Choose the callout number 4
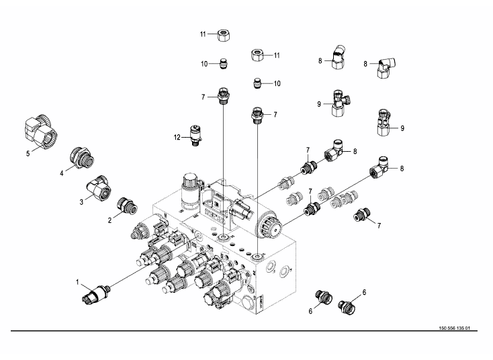point(61,172)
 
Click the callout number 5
point(28,152)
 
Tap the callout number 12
point(178,138)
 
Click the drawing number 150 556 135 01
point(454,328)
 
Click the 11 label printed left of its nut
point(202,34)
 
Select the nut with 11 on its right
point(257,54)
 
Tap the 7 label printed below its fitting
point(379,224)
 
